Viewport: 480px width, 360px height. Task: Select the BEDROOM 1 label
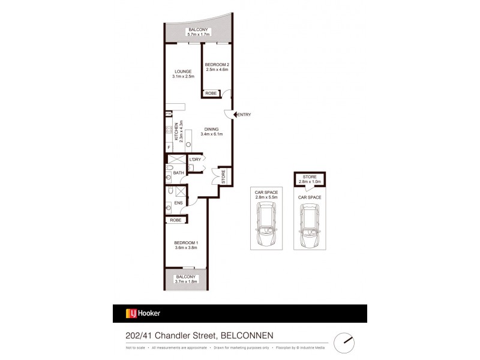pos(187,241)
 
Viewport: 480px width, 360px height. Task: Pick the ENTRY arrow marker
pos(235,115)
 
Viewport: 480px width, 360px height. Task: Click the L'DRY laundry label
pos(195,160)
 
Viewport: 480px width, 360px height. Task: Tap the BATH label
pos(178,173)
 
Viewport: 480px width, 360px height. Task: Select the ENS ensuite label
pos(178,203)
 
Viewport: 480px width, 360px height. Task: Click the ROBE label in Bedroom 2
pos(211,93)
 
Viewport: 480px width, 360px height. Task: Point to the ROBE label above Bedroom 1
pos(176,220)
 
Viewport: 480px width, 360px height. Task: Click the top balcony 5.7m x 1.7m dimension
pos(197,34)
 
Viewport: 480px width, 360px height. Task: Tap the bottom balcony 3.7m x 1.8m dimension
pos(185,280)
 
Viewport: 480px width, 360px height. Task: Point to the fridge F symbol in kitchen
pos(169,146)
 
